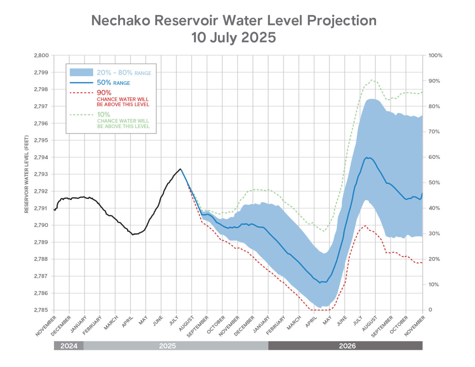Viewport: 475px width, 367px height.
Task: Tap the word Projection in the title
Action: [x=342, y=21]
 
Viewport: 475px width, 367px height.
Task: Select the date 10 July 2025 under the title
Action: [x=233, y=38]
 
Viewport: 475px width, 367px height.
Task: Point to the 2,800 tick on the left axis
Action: [x=41, y=56]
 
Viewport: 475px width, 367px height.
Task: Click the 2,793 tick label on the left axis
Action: [x=41, y=174]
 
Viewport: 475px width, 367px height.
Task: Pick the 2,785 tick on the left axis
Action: [x=41, y=310]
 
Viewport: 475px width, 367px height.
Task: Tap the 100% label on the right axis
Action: [x=435, y=56]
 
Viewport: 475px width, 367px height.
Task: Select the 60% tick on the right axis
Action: [x=434, y=157]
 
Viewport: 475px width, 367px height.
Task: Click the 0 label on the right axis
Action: [x=430, y=310]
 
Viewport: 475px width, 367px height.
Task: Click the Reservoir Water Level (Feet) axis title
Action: [x=27, y=174]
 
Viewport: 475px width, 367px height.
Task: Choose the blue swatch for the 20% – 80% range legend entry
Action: [x=81, y=72]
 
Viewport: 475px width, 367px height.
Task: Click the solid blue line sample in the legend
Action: [x=81, y=83]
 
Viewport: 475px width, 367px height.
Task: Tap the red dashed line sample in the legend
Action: [x=81, y=92]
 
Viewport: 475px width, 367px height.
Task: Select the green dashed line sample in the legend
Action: [x=81, y=115]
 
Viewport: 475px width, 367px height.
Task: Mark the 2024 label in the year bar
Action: [x=69, y=346]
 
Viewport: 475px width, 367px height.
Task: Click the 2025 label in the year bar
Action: [x=167, y=346]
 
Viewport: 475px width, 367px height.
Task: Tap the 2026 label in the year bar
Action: [x=347, y=346]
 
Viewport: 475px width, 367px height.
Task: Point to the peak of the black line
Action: [x=180, y=169]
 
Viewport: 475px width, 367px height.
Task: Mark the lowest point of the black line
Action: [x=132, y=235]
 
